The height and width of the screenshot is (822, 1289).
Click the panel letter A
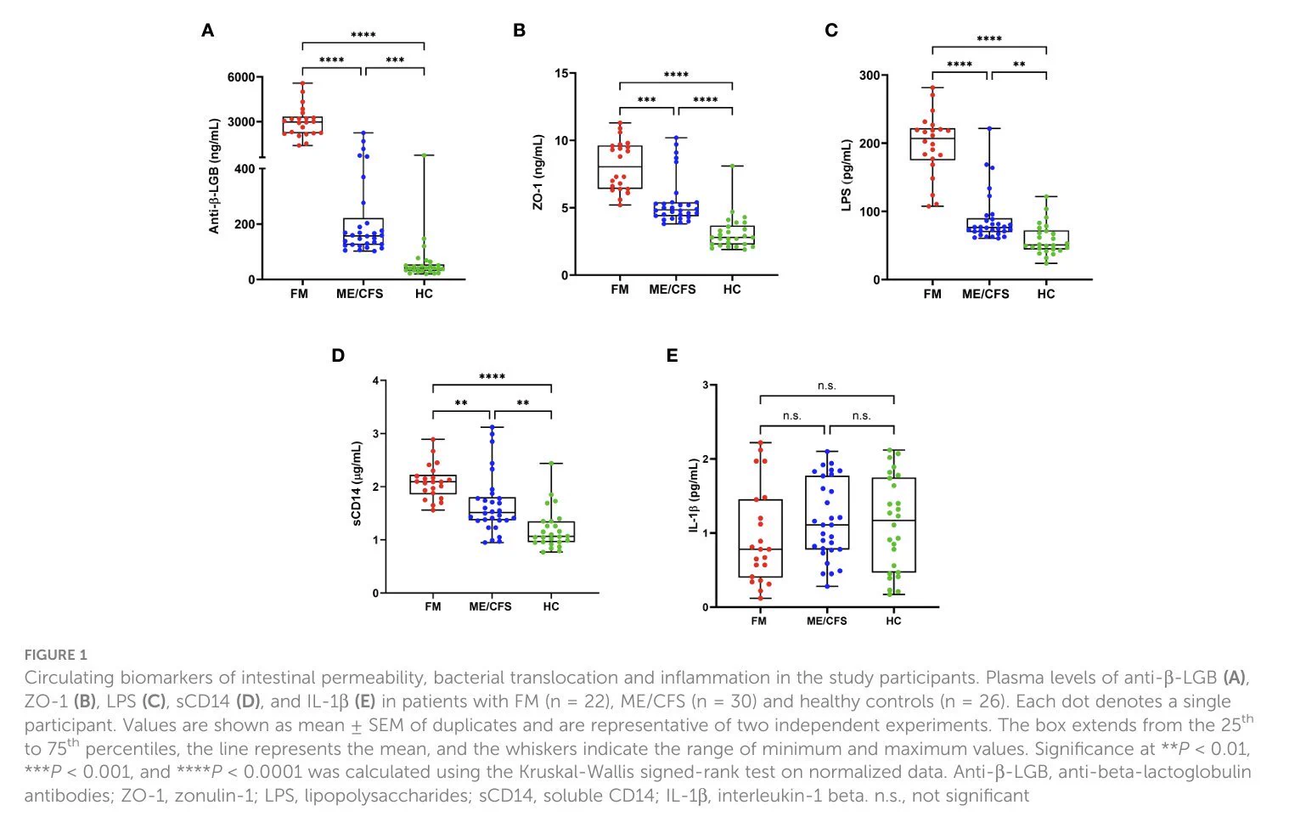[208, 31]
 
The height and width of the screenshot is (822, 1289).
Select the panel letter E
[672, 356]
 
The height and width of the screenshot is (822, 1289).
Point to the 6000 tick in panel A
[241, 77]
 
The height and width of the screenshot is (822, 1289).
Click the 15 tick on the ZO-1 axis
[561, 73]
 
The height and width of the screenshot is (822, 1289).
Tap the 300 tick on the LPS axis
[870, 76]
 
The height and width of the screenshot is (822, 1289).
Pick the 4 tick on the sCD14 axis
[376, 380]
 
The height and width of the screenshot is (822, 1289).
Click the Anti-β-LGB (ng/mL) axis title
[214, 176]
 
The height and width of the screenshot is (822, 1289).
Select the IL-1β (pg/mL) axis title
[694, 496]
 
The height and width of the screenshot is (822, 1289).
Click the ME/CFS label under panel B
[673, 290]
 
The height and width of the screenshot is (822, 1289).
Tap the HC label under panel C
[1046, 294]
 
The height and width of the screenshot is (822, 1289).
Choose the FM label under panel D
[433, 606]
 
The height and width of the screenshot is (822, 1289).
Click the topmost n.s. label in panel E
[827, 386]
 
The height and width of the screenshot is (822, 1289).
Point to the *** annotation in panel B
[647, 100]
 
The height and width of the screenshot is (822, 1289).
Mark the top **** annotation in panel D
[492, 377]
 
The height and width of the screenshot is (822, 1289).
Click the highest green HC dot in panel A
[424, 155]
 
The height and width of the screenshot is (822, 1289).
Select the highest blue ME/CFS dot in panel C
[990, 129]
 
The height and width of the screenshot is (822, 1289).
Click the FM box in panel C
[932, 144]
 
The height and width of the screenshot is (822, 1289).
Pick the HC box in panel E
[893, 525]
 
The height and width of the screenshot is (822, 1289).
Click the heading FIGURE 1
[56, 655]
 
